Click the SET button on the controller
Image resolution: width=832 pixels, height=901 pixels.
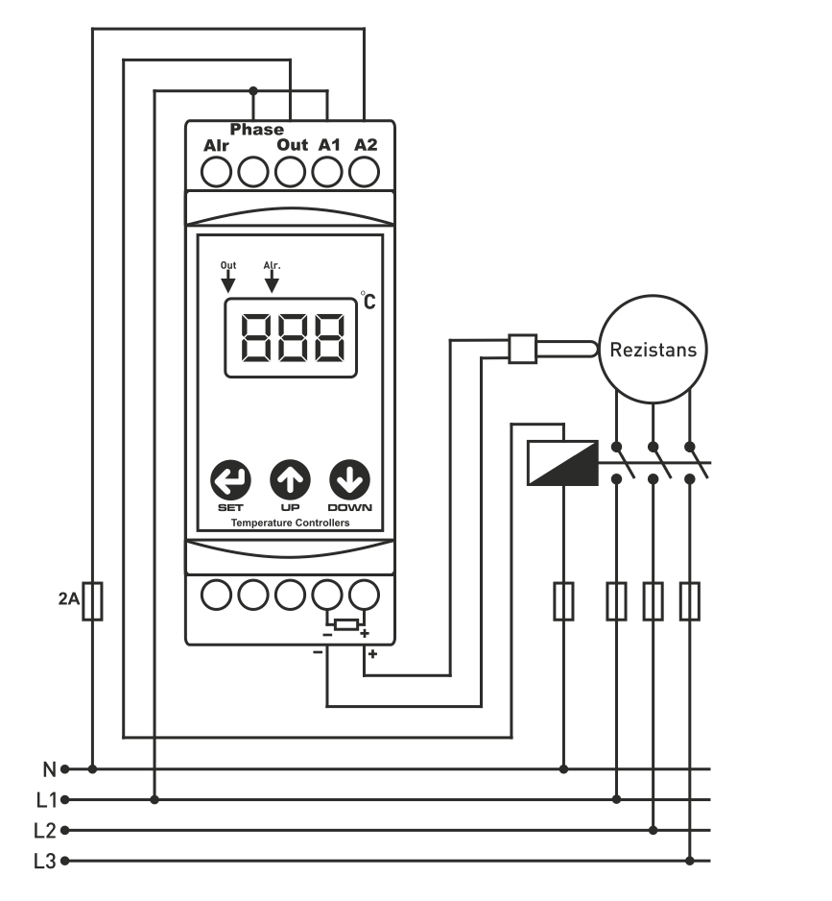(x=229, y=478)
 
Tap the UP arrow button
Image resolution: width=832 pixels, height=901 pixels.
(x=290, y=478)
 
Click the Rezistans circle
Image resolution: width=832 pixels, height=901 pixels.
(x=654, y=349)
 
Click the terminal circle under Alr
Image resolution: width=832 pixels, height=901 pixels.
(x=217, y=173)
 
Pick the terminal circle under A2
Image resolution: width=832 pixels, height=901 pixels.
(x=365, y=173)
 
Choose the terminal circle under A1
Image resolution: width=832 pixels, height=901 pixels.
(x=328, y=173)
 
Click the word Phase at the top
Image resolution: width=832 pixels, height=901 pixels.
(x=256, y=130)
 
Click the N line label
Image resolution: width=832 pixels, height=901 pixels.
(x=48, y=768)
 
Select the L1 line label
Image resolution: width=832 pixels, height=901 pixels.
(x=45, y=799)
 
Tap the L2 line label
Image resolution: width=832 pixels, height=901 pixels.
(x=45, y=830)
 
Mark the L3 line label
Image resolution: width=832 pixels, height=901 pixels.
(x=45, y=861)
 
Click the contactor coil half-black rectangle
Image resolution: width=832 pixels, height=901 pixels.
(x=562, y=463)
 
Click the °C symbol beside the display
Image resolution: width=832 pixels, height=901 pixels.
(x=368, y=300)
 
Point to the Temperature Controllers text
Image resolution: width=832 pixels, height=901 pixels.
(x=290, y=524)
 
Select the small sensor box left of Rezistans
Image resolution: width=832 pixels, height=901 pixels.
(x=521, y=349)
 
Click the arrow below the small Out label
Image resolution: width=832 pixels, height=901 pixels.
(x=228, y=281)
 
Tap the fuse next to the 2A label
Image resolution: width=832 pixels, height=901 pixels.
(x=92, y=601)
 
